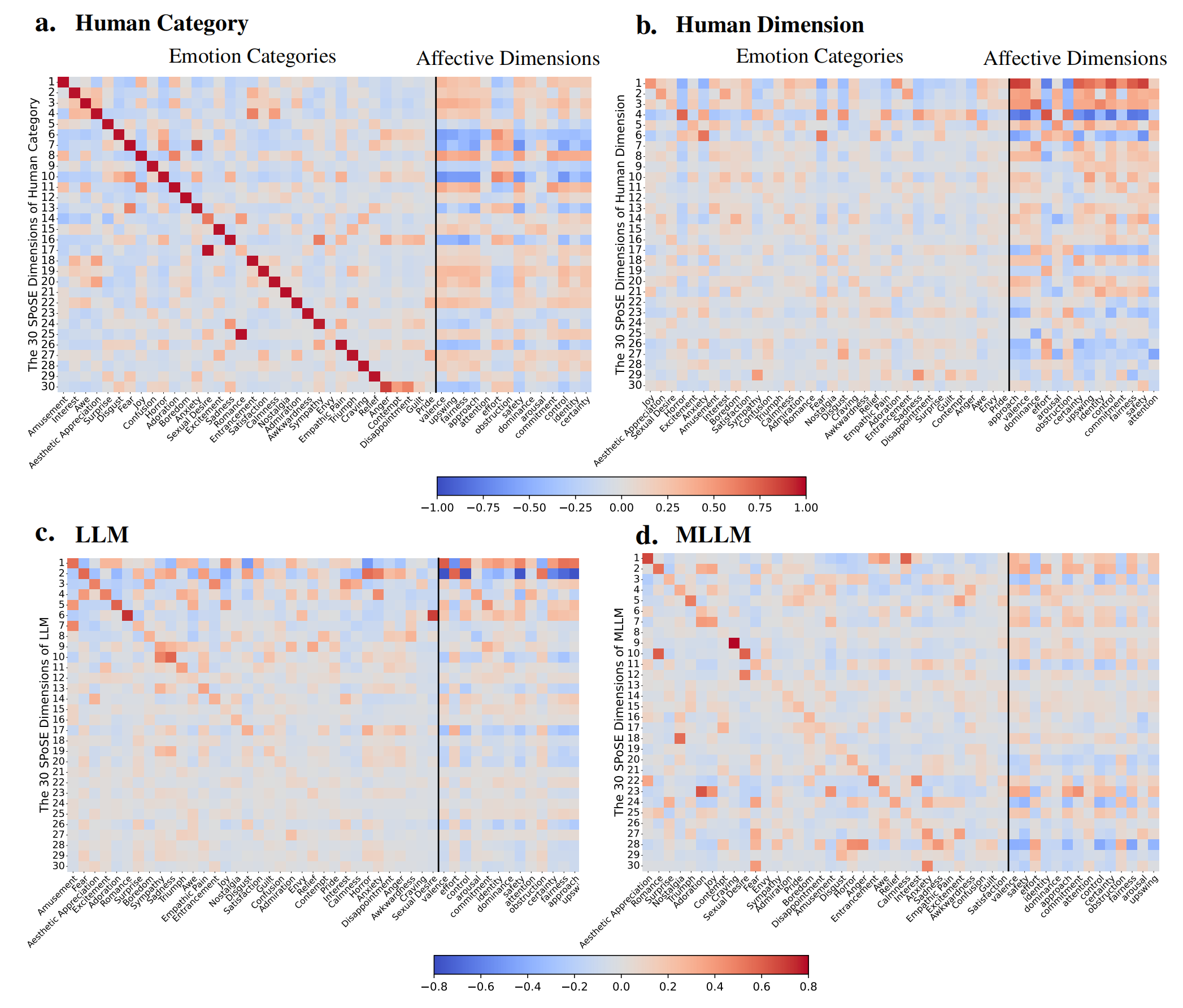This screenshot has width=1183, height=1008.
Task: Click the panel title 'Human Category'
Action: click(162, 23)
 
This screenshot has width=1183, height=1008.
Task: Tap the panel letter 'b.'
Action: click(646, 25)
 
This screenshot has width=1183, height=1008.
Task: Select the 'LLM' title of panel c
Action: click(102, 534)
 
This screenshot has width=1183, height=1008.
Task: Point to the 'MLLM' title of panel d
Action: click(713, 534)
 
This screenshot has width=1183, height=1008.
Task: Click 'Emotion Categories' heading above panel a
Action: click(252, 56)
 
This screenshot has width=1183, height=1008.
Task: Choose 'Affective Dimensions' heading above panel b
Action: click(1075, 59)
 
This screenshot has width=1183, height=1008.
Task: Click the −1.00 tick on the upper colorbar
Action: click(437, 508)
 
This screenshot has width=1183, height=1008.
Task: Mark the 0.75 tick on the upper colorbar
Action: click(760, 508)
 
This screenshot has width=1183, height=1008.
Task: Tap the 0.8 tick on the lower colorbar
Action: click(808, 987)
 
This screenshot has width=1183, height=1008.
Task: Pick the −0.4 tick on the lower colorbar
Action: click(528, 987)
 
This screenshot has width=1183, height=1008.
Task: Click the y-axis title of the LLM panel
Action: click(44, 715)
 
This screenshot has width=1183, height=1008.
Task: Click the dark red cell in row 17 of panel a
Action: click(207, 250)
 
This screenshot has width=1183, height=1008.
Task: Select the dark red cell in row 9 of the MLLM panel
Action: click(734, 643)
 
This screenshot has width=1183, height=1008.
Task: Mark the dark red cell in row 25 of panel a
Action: click(241, 334)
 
